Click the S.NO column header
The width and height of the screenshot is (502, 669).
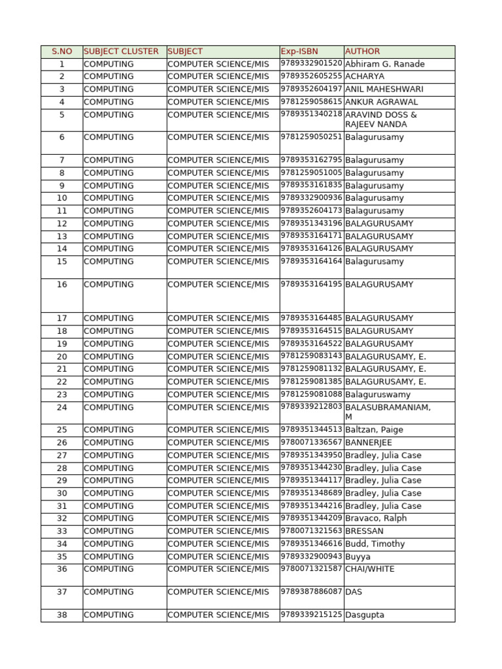61,52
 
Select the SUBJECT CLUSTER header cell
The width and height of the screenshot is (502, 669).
122,52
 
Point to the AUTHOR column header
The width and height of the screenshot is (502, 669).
362,52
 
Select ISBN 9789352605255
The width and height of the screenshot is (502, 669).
312,76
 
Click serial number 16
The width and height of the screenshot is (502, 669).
61,285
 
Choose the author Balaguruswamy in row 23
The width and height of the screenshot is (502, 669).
378,395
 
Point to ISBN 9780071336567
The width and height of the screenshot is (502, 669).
312,442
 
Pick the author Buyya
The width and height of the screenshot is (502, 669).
358,557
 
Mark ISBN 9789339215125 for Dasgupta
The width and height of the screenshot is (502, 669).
312,614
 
